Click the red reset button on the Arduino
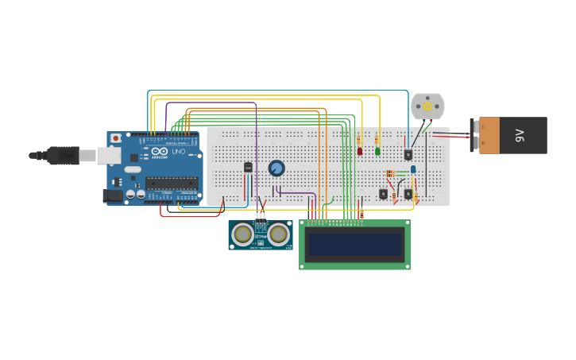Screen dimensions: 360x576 [x=116, y=138]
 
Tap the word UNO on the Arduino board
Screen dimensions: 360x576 [x=179, y=151]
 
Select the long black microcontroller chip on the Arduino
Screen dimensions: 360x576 [x=171, y=183]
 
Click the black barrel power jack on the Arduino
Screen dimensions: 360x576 [x=114, y=195]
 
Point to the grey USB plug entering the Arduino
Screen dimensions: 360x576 [x=79, y=155]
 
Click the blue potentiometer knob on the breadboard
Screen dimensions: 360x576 [x=276, y=168]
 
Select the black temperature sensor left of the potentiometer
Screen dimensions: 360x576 [x=248, y=167]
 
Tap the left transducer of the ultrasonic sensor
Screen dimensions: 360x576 [x=243, y=234]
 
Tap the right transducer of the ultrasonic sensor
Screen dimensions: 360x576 [x=278, y=234]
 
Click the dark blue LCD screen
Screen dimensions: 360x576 [x=355, y=245]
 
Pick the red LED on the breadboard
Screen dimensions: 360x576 [x=360, y=151]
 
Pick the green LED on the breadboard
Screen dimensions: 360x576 [x=377, y=151]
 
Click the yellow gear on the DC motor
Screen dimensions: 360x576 [x=427, y=106]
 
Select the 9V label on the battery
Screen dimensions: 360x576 [x=520, y=135]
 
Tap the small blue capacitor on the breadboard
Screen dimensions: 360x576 [x=413, y=169]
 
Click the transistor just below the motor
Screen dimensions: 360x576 [x=408, y=155]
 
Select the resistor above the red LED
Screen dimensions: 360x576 [x=359, y=139]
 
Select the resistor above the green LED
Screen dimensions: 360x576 [x=377, y=139]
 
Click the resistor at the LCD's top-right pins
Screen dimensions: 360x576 [x=361, y=214]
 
